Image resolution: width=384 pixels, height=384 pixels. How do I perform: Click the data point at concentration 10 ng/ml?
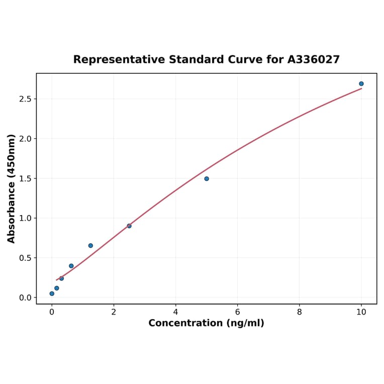click(x=361, y=84)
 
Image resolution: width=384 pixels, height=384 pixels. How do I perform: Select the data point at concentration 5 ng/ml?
click(x=207, y=178)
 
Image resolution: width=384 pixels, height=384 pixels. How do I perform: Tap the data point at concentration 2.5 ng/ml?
click(x=129, y=226)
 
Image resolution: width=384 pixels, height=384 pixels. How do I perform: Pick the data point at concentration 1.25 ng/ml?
click(x=90, y=246)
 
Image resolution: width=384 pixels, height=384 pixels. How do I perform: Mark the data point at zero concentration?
click(x=52, y=294)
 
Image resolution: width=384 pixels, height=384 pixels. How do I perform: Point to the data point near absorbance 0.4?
click(x=71, y=266)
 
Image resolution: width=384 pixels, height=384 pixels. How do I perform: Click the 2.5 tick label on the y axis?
click(x=25, y=99)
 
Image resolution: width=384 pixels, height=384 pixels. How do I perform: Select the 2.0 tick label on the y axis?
click(x=25, y=139)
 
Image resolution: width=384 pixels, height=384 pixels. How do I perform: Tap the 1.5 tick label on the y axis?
click(x=25, y=178)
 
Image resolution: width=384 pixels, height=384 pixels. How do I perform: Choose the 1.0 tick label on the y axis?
click(x=25, y=218)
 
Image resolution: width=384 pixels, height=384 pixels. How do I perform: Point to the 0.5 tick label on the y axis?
click(x=25, y=258)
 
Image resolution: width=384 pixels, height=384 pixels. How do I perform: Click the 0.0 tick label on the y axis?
click(x=25, y=298)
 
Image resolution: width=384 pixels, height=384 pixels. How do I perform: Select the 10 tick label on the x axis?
click(x=361, y=312)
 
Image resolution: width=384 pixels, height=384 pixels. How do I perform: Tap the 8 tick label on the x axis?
click(x=299, y=312)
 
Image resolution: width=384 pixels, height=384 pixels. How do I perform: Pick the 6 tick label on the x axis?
click(x=237, y=312)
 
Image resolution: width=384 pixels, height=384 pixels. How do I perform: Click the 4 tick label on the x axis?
click(x=175, y=312)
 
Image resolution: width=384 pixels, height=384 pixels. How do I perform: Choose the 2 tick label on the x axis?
click(x=114, y=312)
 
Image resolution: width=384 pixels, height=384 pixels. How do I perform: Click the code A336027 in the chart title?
click(x=314, y=60)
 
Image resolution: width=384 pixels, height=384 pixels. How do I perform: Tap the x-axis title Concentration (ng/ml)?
click(x=206, y=323)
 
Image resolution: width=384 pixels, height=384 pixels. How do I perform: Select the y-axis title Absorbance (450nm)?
click(x=11, y=188)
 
